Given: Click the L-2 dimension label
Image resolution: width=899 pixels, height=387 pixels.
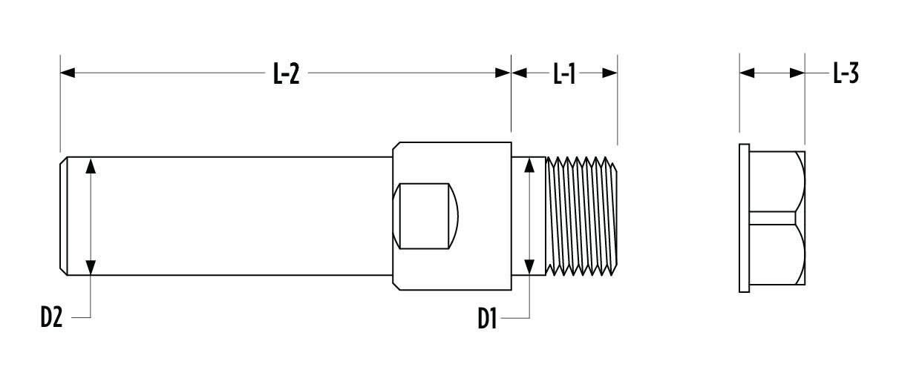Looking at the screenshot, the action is tap(286, 73).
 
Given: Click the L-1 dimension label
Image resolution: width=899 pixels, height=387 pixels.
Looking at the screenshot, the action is tap(564, 73).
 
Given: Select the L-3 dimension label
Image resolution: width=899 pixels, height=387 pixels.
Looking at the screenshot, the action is tap(846, 73).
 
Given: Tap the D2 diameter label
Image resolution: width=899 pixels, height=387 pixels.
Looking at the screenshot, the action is tap(52, 317).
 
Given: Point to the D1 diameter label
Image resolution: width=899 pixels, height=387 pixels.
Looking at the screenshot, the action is tap(487, 319).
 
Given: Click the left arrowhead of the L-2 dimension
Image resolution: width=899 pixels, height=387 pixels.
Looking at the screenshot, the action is tap(68, 73).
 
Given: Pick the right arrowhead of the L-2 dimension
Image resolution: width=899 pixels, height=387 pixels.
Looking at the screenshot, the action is tap(503, 73).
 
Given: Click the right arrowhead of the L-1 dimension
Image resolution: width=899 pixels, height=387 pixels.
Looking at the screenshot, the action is tap(610, 73).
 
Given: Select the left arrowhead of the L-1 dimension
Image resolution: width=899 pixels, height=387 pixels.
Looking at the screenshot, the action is tap(519, 73).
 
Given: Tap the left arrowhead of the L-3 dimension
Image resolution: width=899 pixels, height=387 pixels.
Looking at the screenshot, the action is tap(747, 73).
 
